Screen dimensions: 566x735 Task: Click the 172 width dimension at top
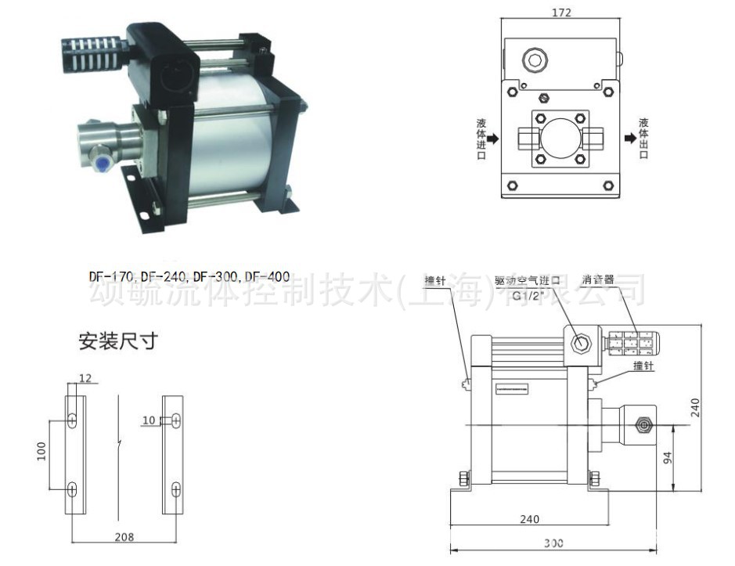pos(561,13)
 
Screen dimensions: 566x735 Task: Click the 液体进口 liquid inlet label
pos(481,139)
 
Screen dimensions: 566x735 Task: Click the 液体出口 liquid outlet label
pos(644,139)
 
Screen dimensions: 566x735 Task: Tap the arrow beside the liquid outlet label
pos(629,139)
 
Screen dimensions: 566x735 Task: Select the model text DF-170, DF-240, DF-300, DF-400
pos(189,276)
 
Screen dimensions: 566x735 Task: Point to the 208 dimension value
pos(124,537)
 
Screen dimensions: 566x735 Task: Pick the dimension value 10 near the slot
pos(149,421)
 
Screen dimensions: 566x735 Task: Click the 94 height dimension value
pos(668,457)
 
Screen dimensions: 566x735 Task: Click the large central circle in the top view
pos(561,139)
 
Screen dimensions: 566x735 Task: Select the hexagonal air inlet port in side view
pos(580,343)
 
